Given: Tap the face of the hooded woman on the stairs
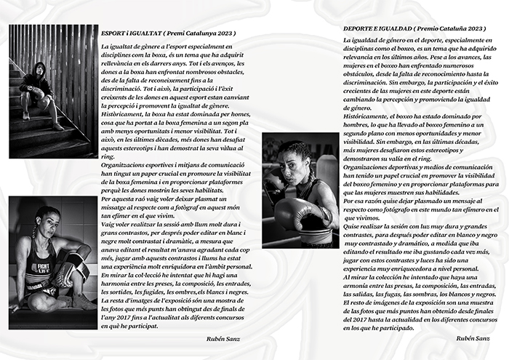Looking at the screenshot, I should click(41, 72).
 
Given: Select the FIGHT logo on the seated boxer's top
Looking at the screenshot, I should click(39, 268).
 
